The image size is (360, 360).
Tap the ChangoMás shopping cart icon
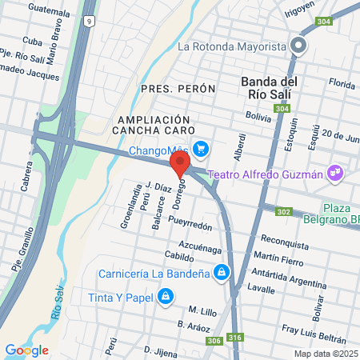click(x=201, y=148)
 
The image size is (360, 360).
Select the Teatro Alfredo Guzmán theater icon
click(x=337, y=171)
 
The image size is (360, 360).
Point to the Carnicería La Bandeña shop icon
click(x=227, y=273)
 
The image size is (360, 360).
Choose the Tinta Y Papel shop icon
click(x=165, y=298)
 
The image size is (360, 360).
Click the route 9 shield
click(x=89, y=20)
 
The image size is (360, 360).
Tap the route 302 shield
click(x=283, y=212)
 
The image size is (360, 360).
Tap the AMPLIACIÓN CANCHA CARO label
click(x=150, y=124)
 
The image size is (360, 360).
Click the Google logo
click(x=26, y=350)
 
